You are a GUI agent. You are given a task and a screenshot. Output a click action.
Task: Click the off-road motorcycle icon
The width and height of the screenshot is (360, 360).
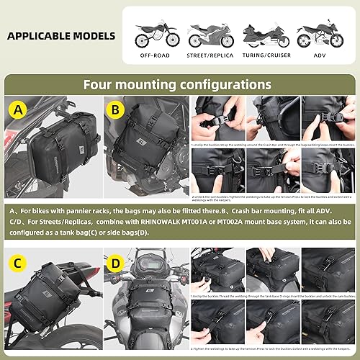(154, 35)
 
